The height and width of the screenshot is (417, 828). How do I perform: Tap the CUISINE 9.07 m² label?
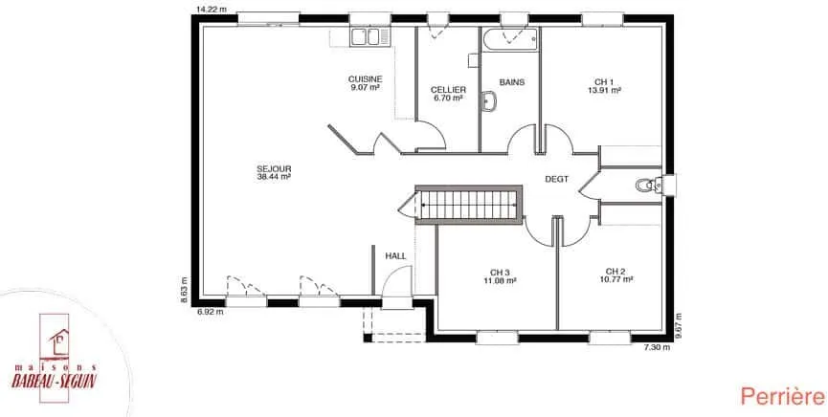pyautogui.click(x=366, y=83)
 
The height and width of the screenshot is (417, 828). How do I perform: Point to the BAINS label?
pyautogui.click(x=512, y=82)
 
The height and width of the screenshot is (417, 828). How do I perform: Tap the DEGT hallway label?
pyautogui.click(x=556, y=180)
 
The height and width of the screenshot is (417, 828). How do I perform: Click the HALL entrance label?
pyautogui.click(x=395, y=256)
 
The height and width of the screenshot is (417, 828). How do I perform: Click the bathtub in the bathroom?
pyautogui.click(x=510, y=40)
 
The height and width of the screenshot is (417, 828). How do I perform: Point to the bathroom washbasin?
pyautogui.click(x=489, y=101)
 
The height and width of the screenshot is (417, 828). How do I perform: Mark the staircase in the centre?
pyautogui.click(x=469, y=205)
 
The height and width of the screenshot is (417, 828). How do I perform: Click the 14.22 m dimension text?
pyautogui.click(x=209, y=9)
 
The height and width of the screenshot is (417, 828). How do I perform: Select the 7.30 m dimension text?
pyautogui.click(x=657, y=347)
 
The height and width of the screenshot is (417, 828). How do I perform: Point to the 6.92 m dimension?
pyautogui.click(x=211, y=312)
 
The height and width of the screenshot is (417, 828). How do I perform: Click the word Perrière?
pyautogui.click(x=782, y=396)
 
